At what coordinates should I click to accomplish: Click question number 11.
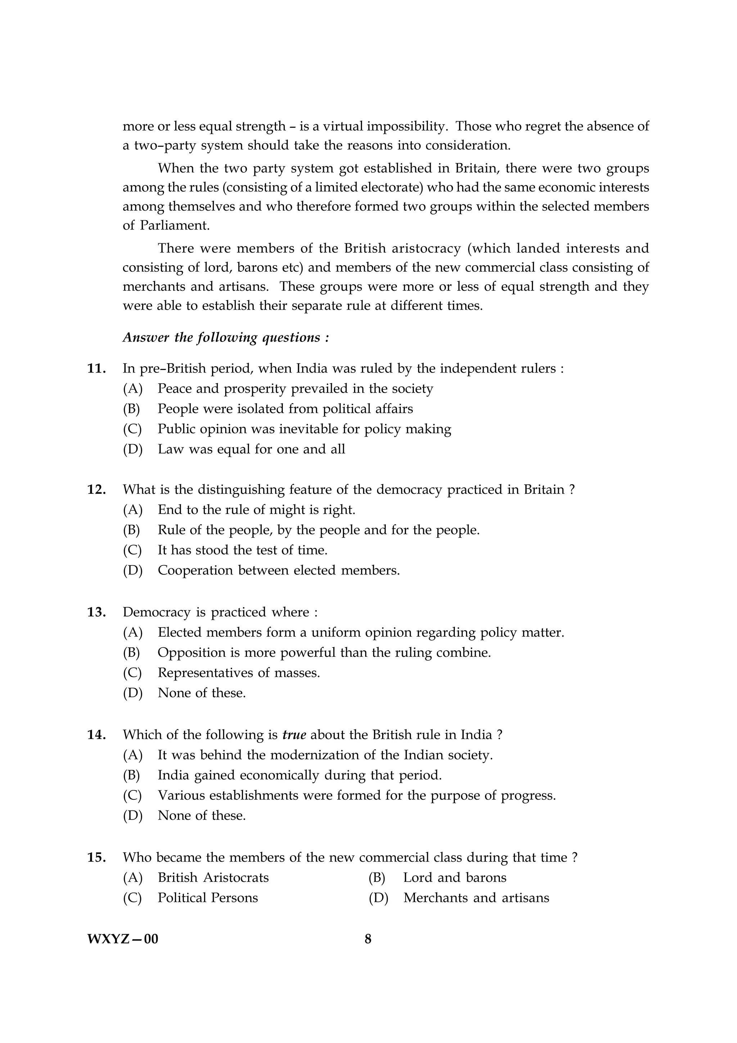click(x=96, y=369)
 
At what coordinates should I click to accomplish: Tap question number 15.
click(x=96, y=857)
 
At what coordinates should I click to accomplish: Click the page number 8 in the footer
click(x=368, y=939)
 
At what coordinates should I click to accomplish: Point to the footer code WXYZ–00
click(x=123, y=939)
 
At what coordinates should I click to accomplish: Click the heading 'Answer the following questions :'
click(x=226, y=338)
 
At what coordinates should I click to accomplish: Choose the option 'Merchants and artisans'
click(x=476, y=898)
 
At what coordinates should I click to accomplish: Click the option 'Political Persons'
click(x=208, y=898)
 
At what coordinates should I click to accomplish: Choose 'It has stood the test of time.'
click(x=243, y=550)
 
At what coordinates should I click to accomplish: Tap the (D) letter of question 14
click(x=132, y=816)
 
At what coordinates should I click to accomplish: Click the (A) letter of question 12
click(x=132, y=510)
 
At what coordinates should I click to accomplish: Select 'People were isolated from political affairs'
click(x=285, y=409)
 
